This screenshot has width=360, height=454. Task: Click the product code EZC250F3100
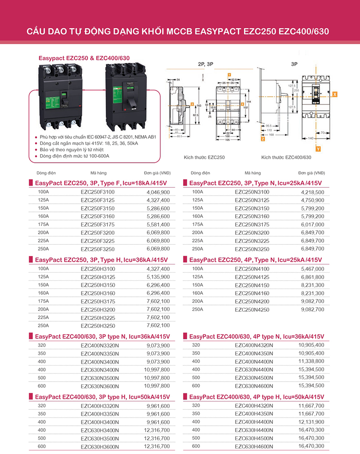pyautogui.click(x=98, y=192)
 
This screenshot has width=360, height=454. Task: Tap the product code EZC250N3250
pyautogui.click(x=252, y=249)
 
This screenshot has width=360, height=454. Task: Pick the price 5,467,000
pyautogui.click(x=313, y=269)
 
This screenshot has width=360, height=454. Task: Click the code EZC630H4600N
pyautogui.click(x=254, y=446)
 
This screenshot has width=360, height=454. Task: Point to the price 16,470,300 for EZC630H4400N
pyautogui.click(x=311, y=430)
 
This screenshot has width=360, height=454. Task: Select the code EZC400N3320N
pyautogui.click(x=100, y=346)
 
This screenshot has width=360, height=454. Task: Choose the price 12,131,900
pyautogui.click(x=311, y=422)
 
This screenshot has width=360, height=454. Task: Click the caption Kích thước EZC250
pyautogui.click(x=204, y=157)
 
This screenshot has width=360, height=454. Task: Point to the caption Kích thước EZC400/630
pyautogui.click(x=286, y=157)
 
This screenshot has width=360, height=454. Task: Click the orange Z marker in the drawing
pyautogui.click(x=263, y=140)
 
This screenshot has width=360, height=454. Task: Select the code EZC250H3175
pyautogui.click(x=98, y=301)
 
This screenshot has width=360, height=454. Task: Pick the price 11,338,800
pyautogui.click(x=311, y=361)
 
